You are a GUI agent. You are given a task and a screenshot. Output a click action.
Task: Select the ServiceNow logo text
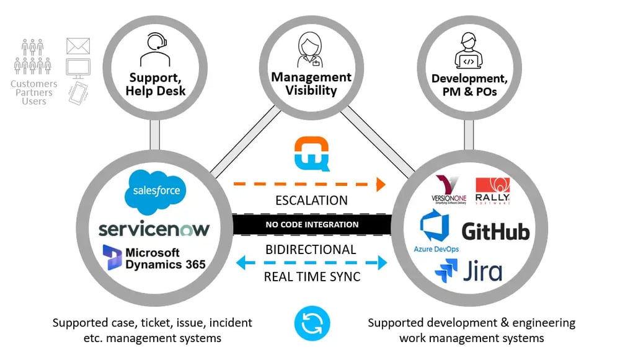tap(154, 229)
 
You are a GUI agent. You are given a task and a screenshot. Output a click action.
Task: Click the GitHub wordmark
tap(495, 231)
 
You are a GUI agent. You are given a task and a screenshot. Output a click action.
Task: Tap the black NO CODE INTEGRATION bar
tap(312, 224)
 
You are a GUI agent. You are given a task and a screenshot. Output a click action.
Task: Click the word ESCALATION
tap(312, 201)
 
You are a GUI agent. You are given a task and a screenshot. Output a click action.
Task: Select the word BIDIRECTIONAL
tap(312, 250)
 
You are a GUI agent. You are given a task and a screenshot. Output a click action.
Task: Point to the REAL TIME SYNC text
tap(312, 276)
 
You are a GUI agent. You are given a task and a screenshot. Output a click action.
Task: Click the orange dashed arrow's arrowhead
tap(379, 183)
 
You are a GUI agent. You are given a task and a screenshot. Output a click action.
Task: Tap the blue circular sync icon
tap(312, 323)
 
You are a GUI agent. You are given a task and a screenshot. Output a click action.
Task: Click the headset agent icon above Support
tap(155, 50)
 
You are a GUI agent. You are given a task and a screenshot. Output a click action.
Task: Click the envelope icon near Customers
tap(77, 46)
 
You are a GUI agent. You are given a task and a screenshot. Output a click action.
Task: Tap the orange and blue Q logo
tap(312, 153)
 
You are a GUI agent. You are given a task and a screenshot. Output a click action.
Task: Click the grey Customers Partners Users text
tap(34, 92)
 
